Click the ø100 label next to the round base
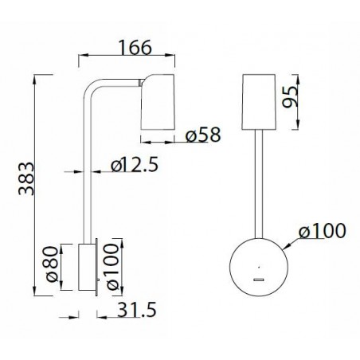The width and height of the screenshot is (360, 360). (x=322, y=232)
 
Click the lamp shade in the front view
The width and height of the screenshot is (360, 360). (x=258, y=104)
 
